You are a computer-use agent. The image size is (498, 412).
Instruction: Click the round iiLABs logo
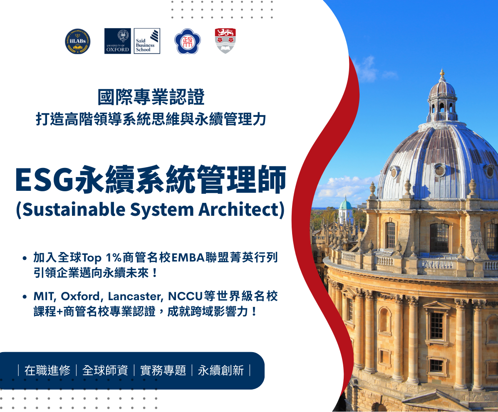point(78,41)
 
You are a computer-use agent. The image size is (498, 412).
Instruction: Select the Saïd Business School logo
point(147,41)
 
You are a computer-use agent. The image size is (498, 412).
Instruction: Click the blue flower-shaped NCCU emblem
point(187,41)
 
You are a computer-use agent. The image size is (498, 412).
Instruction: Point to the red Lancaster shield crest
point(225,41)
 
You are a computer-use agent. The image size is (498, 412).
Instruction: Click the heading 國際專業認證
point(151,97)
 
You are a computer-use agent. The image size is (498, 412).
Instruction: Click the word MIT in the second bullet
point(45,296)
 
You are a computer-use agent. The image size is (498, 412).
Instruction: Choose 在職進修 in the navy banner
point(47,370)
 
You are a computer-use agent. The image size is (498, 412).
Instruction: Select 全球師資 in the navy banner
point(105,370)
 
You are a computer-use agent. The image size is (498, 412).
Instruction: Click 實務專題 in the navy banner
point(163,370)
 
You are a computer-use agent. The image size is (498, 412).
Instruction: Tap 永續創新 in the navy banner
point(221,370)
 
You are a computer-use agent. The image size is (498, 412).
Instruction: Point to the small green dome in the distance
point(345,205)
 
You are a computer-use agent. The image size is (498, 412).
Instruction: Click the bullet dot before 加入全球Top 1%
point(25,258)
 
